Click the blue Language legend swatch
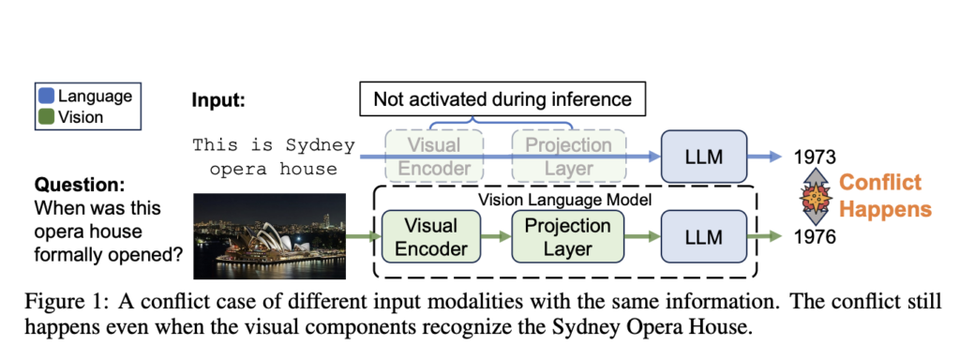pyautogui.click(x=47, y=96)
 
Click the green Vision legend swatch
pyautogui.click(x=47, y=117)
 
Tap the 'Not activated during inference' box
pyautogui.click(x=502, y=98)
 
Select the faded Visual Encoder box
pyautogui.click(x=434, y=156)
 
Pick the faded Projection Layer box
pyautogui.click(x=567, y=156)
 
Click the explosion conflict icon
pyautogui.click(x=812, y=196)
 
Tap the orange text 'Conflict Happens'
pyautogui.click(x=879, y=196)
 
